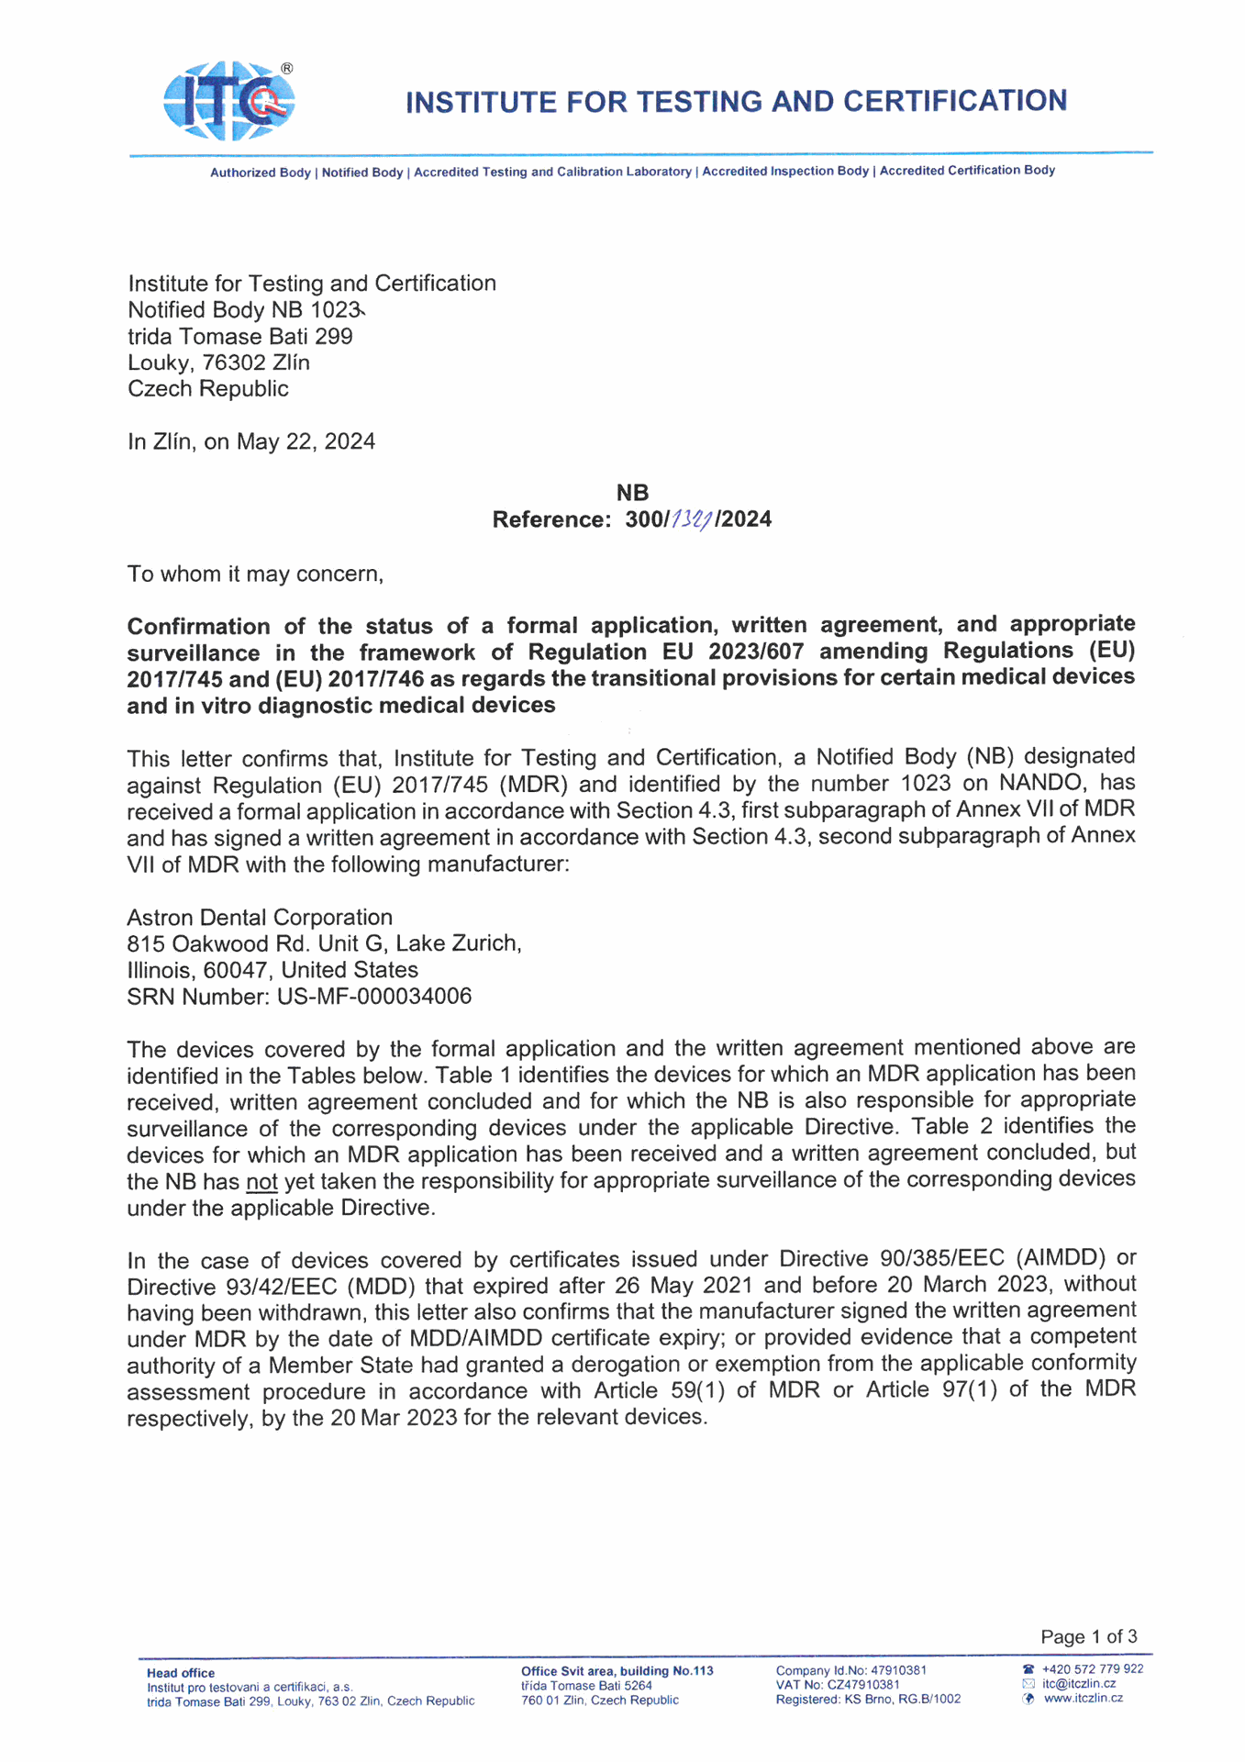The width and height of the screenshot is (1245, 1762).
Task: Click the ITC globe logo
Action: [228, 101]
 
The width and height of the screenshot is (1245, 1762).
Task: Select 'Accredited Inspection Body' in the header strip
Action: [784, 172]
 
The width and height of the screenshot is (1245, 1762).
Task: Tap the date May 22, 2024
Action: [306, 441]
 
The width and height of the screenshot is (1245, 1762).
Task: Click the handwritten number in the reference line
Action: [692, 520]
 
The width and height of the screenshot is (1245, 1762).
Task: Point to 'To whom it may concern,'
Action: [255, 574]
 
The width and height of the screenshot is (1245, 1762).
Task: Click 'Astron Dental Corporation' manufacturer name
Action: [260, 917]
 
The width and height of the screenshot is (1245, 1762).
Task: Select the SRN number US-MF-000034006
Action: [374, 997]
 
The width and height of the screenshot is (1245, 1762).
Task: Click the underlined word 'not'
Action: [261, 1182]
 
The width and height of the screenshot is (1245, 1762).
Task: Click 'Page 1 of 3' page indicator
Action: [1088, 1636]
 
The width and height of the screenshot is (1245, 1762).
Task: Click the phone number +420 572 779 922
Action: [1092, 1669]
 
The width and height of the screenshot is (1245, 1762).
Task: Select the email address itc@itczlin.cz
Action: [1078, 1684]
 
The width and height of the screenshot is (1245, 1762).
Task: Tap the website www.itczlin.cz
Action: [1083, 1699]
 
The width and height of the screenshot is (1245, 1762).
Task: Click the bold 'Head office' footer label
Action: [181, 1673]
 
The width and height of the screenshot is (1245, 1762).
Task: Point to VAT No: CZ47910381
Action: [837, 1685]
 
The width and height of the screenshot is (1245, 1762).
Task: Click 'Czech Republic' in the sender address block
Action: [208, 389]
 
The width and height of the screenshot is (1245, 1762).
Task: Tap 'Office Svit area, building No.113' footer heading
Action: [617, 1671]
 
